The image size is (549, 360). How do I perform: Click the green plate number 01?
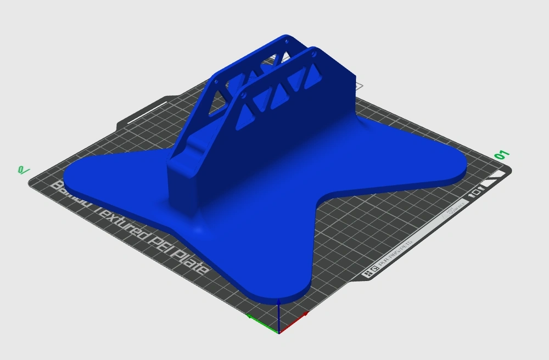[502, 155]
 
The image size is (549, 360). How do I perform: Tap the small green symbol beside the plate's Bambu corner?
[24, 170]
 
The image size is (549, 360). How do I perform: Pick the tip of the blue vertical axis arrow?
[279, 303]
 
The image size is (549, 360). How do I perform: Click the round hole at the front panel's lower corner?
[243, 96]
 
